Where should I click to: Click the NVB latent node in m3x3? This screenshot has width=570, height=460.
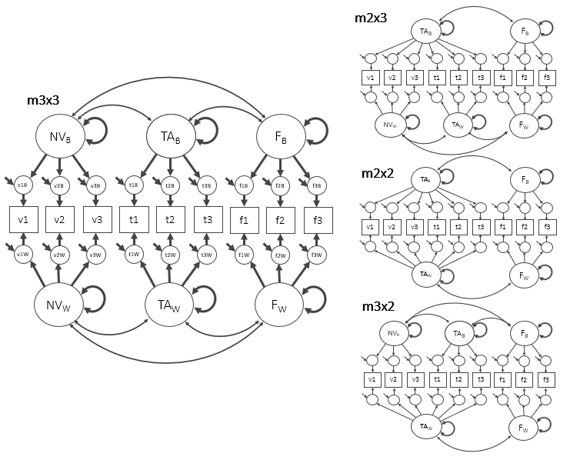[59, 138]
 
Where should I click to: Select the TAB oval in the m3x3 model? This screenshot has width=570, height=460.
[170, 138]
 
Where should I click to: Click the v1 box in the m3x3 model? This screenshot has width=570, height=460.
[22, 219]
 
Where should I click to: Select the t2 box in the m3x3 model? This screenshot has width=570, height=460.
[170, 219]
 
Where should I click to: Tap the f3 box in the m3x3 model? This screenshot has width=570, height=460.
[318, 219]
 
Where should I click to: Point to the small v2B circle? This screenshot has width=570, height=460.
[59, 185]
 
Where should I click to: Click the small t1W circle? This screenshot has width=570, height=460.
[133, 255]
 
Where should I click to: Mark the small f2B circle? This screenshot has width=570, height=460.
[281, 185]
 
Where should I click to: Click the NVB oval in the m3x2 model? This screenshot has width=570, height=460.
[394, 333]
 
